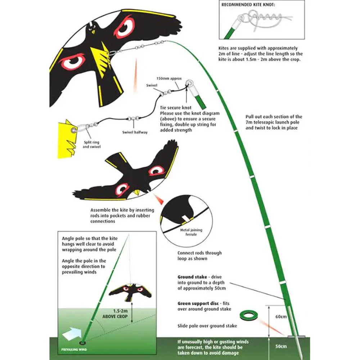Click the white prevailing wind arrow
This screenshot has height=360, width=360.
tap(72, 334)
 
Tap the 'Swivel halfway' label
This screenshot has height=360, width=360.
tap(135, 132)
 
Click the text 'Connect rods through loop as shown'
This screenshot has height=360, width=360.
tap(199, 256)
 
